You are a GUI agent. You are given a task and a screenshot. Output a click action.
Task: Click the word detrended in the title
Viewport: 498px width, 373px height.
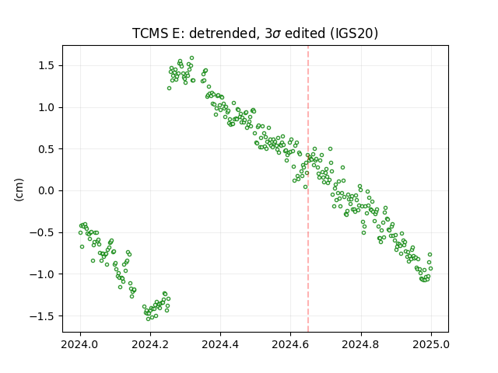click(x=223, y=33)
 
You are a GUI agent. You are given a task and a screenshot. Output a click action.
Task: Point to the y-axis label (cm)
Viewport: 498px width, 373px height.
click(x=19, y=190)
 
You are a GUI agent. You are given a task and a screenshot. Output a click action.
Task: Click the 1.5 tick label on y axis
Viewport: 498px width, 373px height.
click(x=47, y=65)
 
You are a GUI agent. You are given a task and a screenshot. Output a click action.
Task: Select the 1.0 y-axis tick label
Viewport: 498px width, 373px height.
click(x=47, y=107)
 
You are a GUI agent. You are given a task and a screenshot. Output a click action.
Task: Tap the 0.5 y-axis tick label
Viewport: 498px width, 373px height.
click(x=47, y=149)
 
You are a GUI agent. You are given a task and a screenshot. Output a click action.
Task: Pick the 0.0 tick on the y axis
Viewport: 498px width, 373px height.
click(x=47, y=190)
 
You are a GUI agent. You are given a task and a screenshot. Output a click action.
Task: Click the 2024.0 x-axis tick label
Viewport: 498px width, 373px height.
click(x=80, y=344)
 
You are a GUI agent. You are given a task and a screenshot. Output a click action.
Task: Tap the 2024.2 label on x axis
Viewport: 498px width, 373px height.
click(x=150, y=344)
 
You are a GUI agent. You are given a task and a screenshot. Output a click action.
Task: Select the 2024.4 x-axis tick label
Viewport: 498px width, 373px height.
click(x=220, y=344)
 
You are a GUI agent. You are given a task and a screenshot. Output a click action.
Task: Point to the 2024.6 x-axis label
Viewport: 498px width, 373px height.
click(x=290, y=344)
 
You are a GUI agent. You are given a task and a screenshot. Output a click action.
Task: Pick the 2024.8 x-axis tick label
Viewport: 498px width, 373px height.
click(x=361, y=344)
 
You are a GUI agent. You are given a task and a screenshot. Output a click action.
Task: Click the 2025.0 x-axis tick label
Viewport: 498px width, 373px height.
click(x=431, y=344)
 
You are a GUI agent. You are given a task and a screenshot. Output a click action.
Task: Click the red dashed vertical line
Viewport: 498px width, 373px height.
click(x=308, y=189)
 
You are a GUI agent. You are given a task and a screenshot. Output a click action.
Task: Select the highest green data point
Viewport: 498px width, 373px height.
click(x=192, y=58)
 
